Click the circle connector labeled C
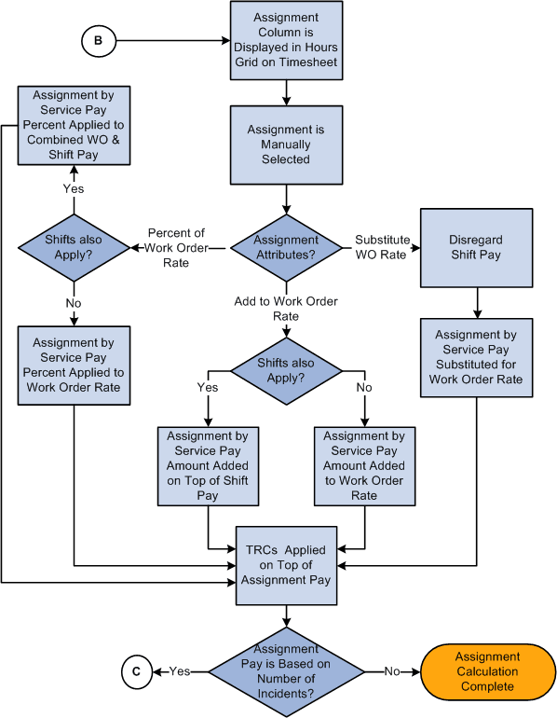136,670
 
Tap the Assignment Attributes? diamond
286,246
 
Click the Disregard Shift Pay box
477,247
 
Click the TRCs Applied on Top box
287,564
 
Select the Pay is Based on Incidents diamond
287,670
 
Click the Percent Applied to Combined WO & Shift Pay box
73,125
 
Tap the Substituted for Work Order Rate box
477,357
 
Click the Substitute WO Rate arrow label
382,247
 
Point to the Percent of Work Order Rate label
175,247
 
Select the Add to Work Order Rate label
286,308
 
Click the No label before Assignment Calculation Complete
391,670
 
